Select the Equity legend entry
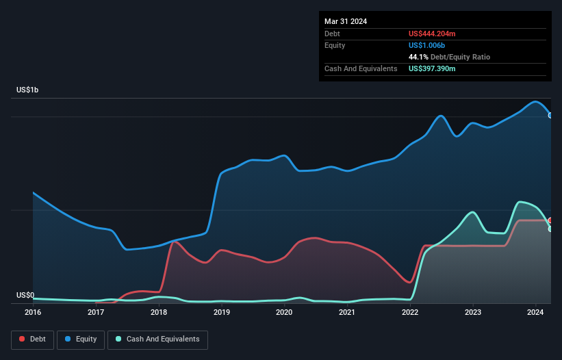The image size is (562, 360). click(x=81, y=339)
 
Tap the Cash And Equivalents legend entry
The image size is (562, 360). click(x=157, y=339)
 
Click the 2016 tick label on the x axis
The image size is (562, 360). click(x=33, y=313)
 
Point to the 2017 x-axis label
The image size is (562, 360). click(x=96, y=313)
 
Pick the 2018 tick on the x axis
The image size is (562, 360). click(x=159, y=313)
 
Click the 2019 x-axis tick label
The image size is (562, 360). click(x=222, y=313)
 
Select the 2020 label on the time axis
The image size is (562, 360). click(x=284, y=313)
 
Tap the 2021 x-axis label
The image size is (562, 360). click(x=347, y=313)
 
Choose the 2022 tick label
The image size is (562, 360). click(x=410, y=313)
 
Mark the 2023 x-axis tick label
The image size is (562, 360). click(x=473, y=313)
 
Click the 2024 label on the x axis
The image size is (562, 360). click(x=535, y=313)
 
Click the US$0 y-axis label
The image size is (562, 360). click(x=25, y=296)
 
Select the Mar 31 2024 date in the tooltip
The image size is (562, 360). click(x=346, y=21)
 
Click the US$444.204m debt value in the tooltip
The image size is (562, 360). click(x=432, y=34)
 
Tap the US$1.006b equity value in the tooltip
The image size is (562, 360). click(x=427, y=45)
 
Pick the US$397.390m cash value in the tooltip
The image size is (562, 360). click(x=432, y=68)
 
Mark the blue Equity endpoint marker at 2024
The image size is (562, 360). click(x=550, y=115)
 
